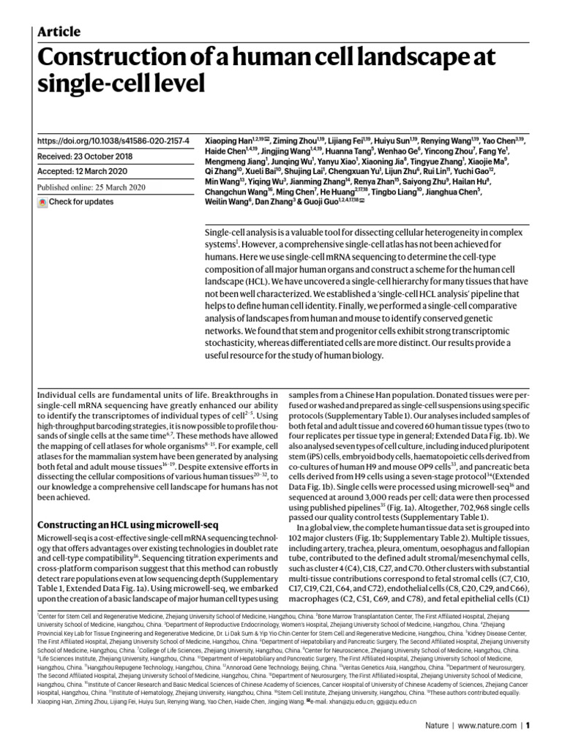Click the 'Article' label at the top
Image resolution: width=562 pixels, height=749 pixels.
(x=59, y=31)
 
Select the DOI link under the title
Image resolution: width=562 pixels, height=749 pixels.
(x=113, y=140)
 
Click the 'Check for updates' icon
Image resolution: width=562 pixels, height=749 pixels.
(x=42, y=202)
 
